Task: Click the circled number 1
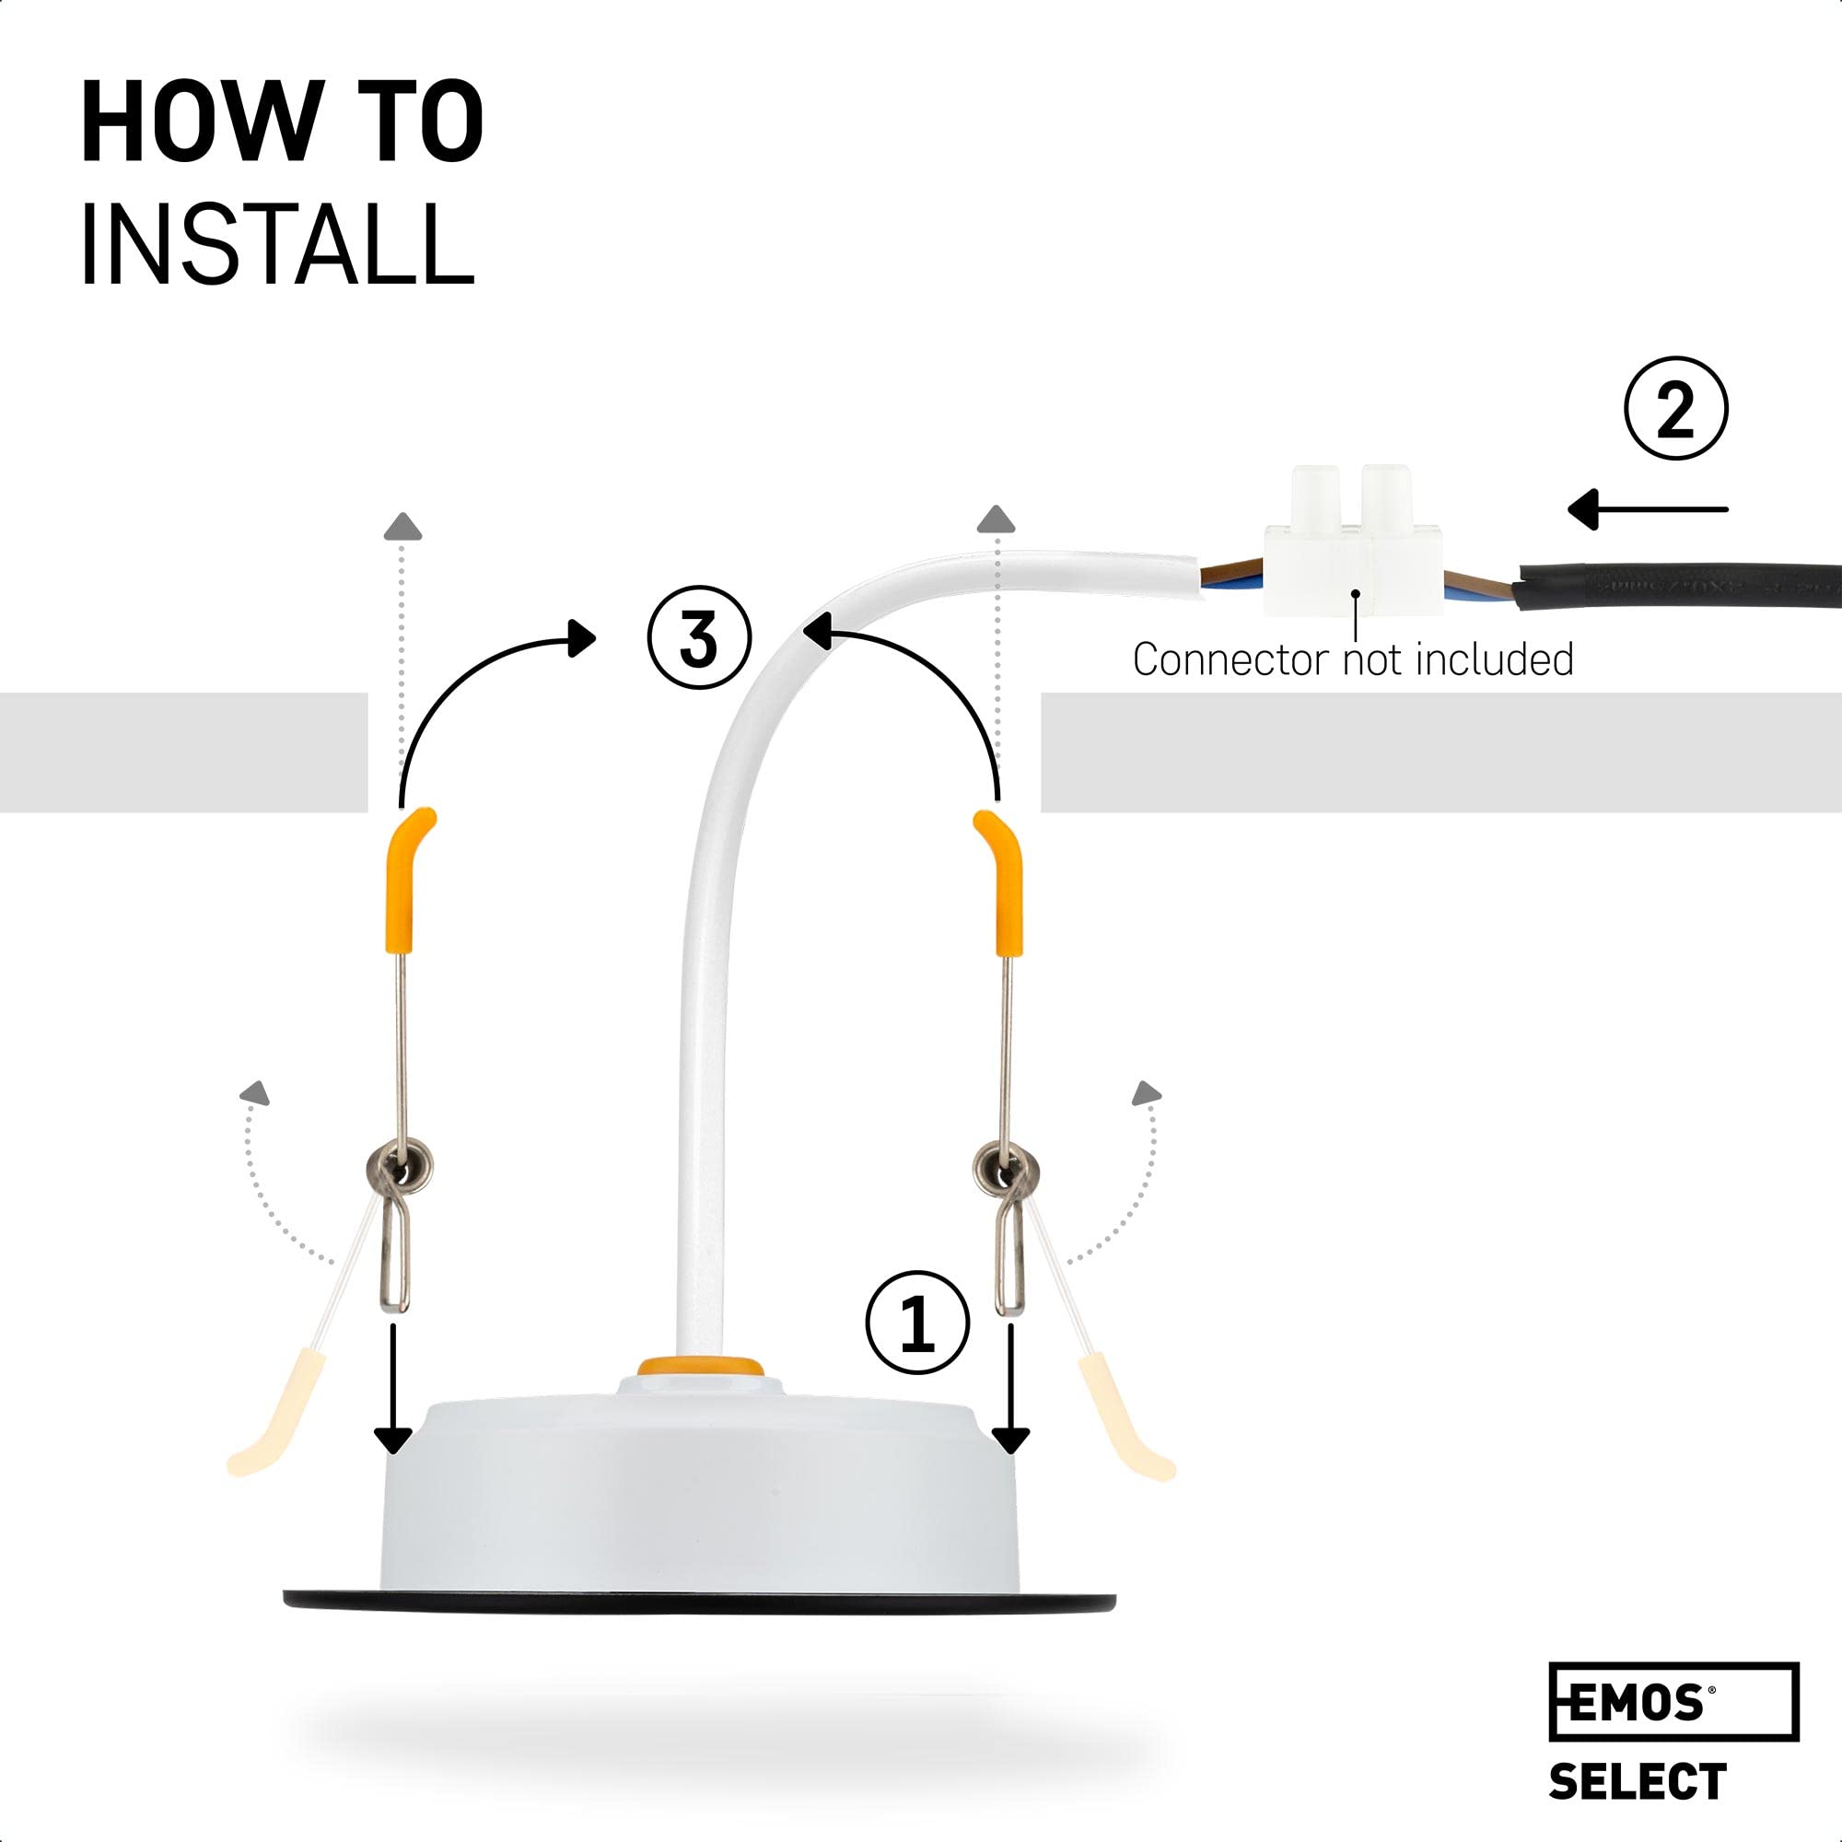coord(916,1322)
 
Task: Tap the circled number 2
coord(1675,408)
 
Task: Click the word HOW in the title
coord(202,123)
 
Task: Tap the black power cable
coord(1678,580)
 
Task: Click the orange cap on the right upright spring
coord(1004,883)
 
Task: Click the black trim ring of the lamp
coord(699,1601)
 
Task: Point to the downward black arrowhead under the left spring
coord(393,1441)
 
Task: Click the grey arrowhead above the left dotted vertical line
coord(404,526)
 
